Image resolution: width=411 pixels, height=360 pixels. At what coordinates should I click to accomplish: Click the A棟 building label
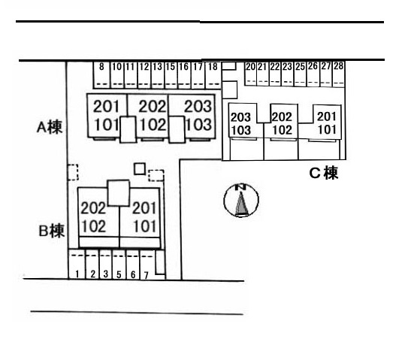tap(50, 128)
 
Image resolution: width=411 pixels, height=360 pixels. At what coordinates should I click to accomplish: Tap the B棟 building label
tap(52, 231)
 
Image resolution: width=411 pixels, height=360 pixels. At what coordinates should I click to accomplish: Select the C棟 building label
tap(324, 173)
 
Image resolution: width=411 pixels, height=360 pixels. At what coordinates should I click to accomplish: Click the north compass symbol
tap(241, 201)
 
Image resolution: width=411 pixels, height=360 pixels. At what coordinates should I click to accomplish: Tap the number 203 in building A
tap(198, 106)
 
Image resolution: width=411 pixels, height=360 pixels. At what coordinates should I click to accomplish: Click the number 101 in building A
tap(106, 125)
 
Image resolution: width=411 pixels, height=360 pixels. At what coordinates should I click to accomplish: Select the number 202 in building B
tap(93, 208)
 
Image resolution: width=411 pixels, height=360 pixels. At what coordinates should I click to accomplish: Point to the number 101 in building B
tap(145, 226)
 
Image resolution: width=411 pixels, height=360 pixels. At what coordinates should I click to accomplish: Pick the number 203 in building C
tap(240, 117)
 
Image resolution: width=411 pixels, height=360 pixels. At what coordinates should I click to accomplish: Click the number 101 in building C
tap(327, 129)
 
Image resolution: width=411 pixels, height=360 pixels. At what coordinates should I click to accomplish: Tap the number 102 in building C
tap(282, 130)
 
